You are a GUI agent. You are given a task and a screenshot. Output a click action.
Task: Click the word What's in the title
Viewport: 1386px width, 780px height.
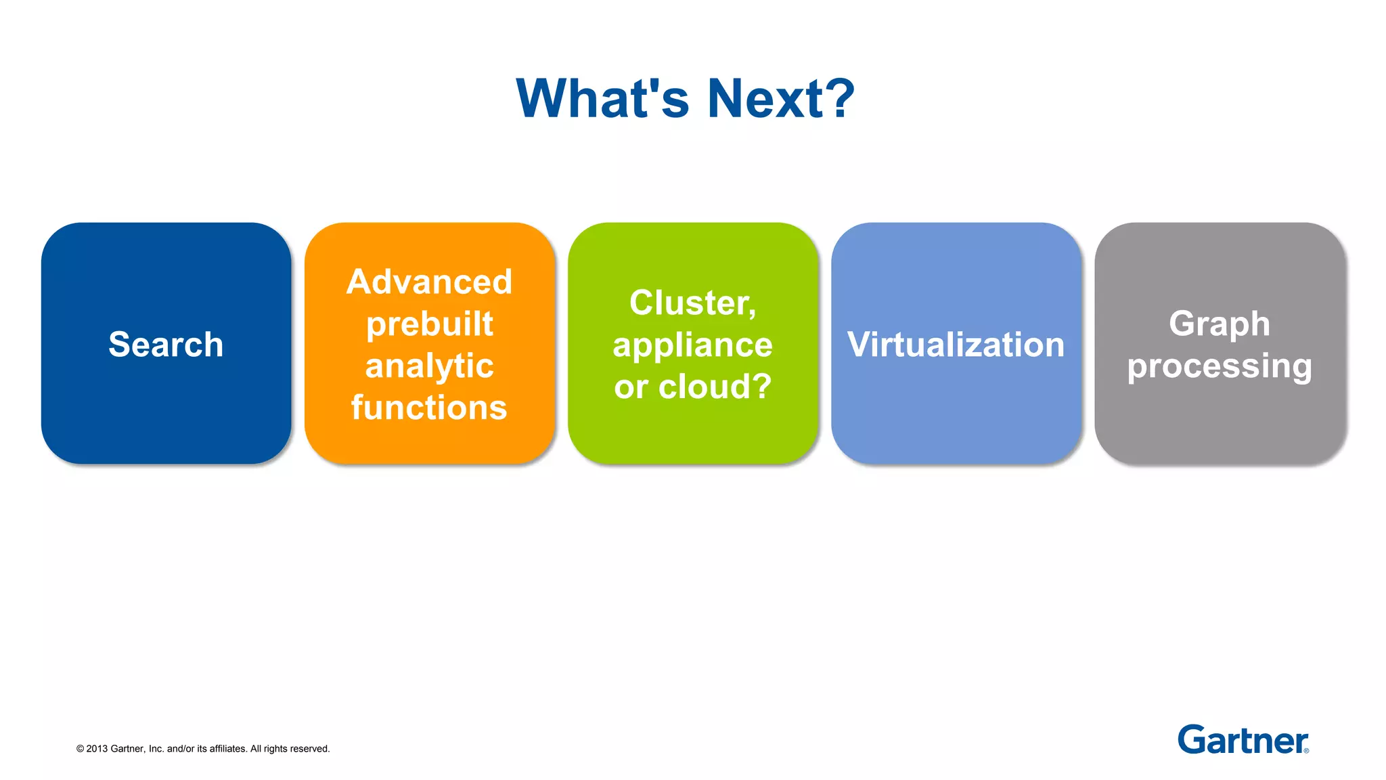pyautogui.click(x=602, y=99)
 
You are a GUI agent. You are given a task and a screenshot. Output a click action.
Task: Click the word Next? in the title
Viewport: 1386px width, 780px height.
pyautogui.click(x=781, y=99)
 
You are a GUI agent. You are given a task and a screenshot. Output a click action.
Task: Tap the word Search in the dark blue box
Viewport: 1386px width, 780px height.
pyautogui.click(x=166, y=344)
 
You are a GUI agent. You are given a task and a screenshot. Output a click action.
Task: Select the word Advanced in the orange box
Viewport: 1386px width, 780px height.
pyautogui.click(x=429, y=282)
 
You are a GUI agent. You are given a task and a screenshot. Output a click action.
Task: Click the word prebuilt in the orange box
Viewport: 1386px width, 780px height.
pyautogui.click(x=429, y=324)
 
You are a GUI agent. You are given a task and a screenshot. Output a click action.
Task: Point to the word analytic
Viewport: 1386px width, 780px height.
pyautogui.click(x=429, y=366)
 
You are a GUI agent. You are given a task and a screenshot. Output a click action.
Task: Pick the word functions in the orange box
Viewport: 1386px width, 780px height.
pyautogui.click(x=429, y=408)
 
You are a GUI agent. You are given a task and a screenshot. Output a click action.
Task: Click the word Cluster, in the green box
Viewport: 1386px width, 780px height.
pyautogui.click(x=692, y=303)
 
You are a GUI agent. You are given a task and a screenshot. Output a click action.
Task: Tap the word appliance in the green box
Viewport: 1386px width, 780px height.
pyautogui.click(x=692, y=345)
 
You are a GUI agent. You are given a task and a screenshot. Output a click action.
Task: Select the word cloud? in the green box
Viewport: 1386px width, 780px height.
pyautogui.click(x=715, y=387)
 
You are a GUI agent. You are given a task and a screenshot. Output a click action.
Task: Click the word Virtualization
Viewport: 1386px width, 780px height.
pyautogui.click(x=956, y=344)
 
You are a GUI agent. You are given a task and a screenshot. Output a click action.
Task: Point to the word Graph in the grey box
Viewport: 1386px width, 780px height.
pyautogui.click(x=1219, y=324)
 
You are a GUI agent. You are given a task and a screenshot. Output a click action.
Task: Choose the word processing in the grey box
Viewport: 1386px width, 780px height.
pyautogui.click(x=1219, y=366)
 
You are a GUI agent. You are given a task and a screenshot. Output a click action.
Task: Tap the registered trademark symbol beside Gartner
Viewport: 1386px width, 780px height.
pyautogui.click(x=1306, y=750)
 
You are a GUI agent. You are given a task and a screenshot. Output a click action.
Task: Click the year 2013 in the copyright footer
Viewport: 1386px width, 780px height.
pyautogui.click(x=97, y=749)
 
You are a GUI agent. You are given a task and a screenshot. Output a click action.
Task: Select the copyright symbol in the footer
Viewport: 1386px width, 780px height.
pyautogui.click(x=80, y=749)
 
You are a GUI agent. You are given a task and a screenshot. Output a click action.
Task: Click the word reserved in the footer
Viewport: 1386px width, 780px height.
pyautogui.click(x=309, y=749)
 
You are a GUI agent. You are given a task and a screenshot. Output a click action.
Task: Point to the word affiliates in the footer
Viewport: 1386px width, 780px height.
pyautogui.click(x=228, y=749)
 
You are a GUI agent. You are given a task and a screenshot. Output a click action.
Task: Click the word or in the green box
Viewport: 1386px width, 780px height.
pyautogui.click(x=631, y=387)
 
